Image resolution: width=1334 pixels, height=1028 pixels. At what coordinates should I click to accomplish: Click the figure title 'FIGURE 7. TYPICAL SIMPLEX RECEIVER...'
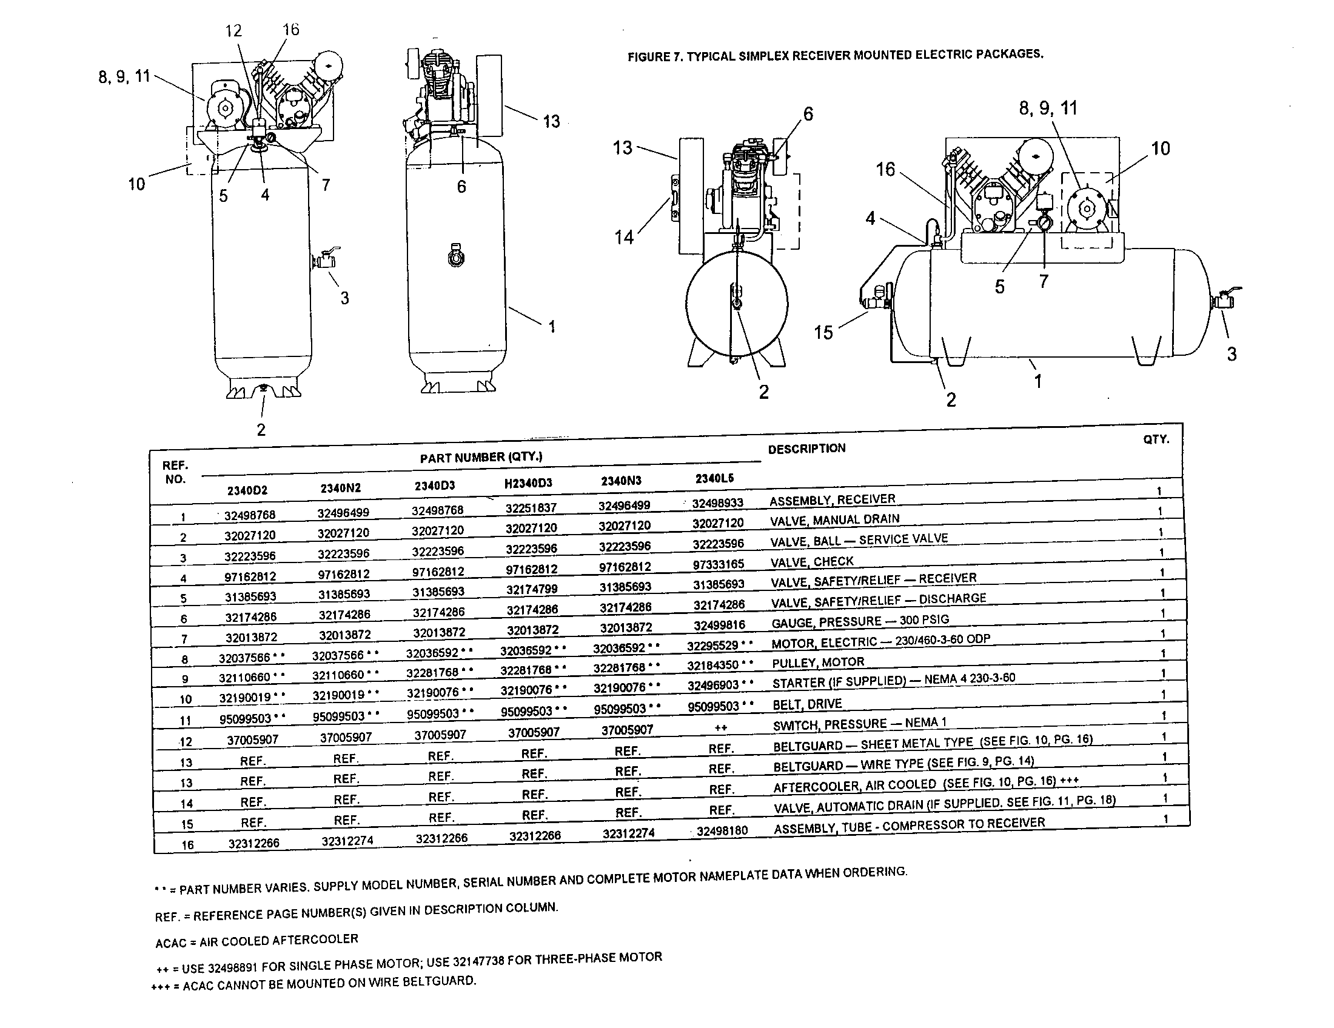836,56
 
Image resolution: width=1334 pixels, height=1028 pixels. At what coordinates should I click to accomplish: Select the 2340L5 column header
714,479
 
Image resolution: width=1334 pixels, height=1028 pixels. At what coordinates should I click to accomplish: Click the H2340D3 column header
528,484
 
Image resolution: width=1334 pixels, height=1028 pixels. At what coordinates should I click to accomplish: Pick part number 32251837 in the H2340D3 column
531,508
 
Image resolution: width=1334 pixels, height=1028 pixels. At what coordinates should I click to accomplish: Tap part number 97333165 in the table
719,565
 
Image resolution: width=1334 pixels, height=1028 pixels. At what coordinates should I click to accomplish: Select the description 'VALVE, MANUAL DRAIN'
834,519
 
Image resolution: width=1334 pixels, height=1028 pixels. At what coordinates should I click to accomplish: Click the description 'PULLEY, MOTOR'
818,663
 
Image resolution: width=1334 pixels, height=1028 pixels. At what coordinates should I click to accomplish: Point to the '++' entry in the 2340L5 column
720,727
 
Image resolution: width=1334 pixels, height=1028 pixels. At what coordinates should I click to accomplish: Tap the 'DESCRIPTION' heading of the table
806,449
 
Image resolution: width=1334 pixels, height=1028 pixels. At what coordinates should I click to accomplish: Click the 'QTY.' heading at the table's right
1156,439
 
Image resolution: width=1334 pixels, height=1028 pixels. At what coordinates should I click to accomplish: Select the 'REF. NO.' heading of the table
175,472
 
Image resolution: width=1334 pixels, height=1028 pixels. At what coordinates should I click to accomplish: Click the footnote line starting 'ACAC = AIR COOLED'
256,941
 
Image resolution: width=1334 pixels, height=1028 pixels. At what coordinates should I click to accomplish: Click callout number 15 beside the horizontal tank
823,333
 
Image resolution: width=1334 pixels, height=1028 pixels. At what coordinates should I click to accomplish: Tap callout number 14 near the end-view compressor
623,238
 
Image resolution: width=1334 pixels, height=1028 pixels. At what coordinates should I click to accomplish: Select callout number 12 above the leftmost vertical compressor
233,30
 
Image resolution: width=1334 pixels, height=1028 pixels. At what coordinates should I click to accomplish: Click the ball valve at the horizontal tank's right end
1224,301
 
